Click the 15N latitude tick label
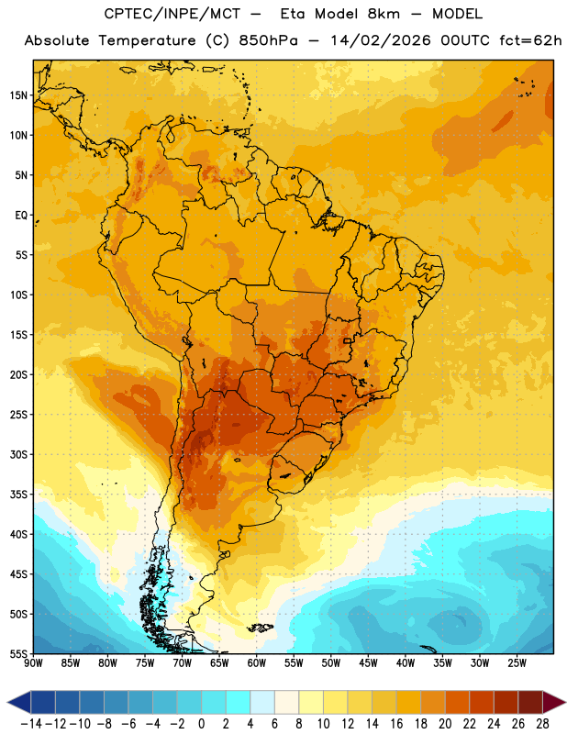[18, 95]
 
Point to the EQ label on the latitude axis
[21, 216]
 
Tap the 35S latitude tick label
[18, 495]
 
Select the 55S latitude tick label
[18, 653]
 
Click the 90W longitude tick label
[33, 663]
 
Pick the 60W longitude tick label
[257, 663]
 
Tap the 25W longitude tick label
[517, 663]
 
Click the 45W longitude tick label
[368, 663]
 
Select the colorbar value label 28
[542, 724]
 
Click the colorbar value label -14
[32, 724]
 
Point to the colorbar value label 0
[201, 724]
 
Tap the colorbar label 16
[396, 724]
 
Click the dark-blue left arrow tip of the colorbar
[8, 703]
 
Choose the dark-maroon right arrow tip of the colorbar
[565, 703]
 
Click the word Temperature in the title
[147, 40]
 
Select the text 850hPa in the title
[268, 40]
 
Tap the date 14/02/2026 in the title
[380, 40]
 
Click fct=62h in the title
[530, 40]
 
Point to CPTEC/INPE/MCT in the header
[172, 14]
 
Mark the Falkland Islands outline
[261, 628]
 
